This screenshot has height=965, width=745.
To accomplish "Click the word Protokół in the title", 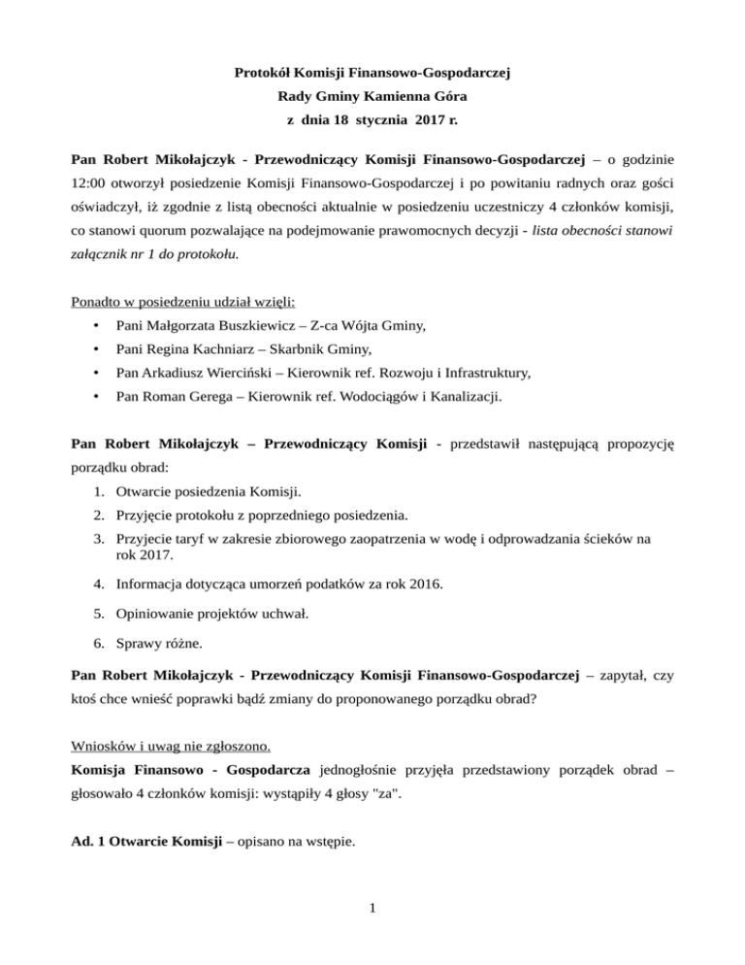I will (267, 71).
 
